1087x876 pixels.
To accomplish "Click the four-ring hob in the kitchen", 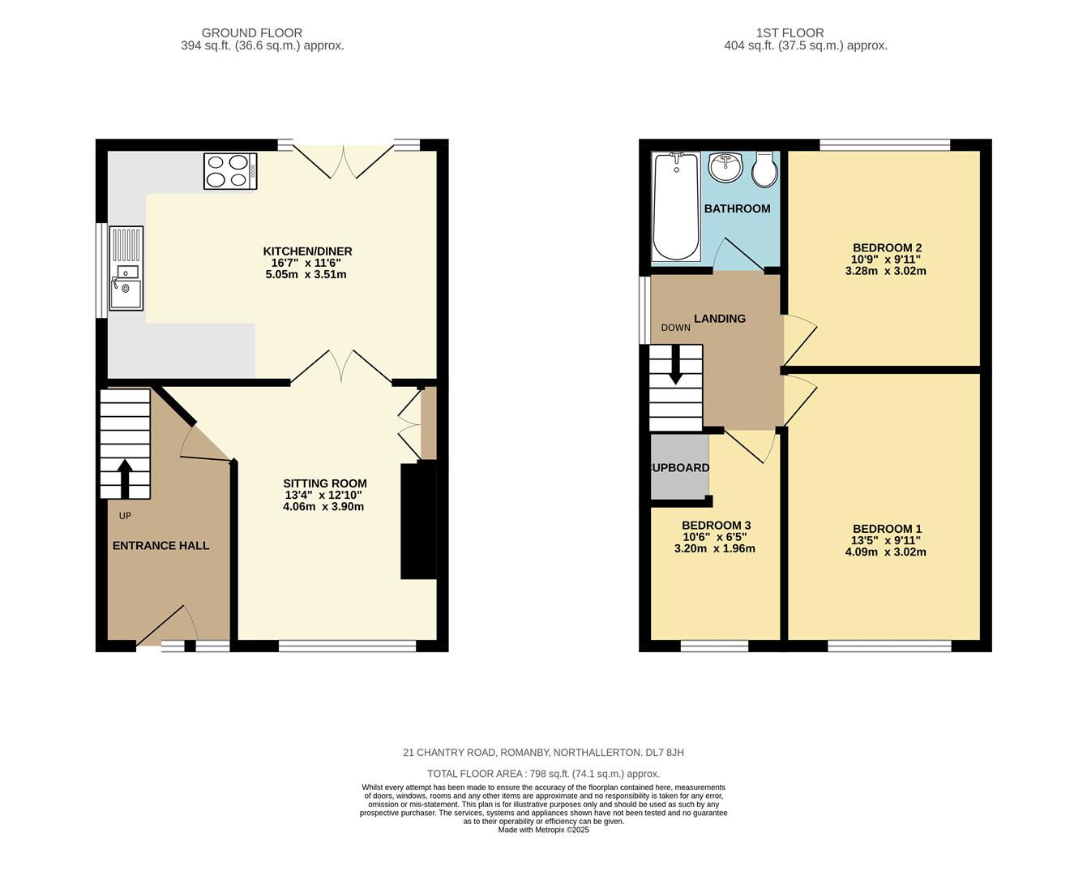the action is click(x=230, y=171).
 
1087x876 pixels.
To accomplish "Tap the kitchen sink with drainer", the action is click(x=126, y=268).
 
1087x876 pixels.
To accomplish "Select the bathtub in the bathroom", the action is click(x=676, y=206).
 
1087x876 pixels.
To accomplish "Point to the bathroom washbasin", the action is click(x=725, y=166).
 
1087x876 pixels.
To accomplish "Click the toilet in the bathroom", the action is click(x=764, y=170).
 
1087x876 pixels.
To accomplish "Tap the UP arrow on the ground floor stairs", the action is click(x=125, y=479).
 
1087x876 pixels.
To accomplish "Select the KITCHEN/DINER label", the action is click(x=307, y=251).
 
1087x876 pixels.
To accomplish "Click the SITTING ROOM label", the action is click(x=325, y=483).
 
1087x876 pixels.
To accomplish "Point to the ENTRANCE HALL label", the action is click(x=160, y=545).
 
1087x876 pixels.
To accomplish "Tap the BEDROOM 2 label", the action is click(x=887, y=247).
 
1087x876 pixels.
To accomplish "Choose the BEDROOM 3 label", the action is click(x=717, y=526).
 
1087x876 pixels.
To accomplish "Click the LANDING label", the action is click(x=720, y=319).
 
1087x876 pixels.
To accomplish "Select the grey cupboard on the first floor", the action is click(x=680, y=467).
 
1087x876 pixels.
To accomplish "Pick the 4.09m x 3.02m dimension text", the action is click(x=886, y=552).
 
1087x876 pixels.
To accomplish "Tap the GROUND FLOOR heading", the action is click(x=252, y=33).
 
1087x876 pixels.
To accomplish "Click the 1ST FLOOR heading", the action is click(x=790, y=33).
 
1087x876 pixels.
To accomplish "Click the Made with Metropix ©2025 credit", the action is click(x=543, y=830).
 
